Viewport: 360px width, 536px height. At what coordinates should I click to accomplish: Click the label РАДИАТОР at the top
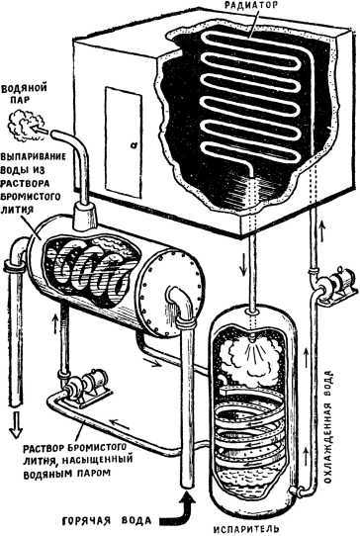coord(249,5)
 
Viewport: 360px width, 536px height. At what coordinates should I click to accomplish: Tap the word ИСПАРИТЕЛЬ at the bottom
coord(245,529)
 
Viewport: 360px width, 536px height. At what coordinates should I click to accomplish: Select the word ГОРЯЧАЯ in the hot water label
coord(86,521)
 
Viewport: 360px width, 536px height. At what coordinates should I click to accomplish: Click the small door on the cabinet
coord(124,141)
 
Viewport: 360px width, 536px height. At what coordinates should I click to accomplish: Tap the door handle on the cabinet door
coord(133,145)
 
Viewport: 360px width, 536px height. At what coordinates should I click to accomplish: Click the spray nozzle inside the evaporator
coord(252,339)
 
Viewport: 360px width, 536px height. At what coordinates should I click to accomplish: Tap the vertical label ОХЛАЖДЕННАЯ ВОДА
coord(328,426)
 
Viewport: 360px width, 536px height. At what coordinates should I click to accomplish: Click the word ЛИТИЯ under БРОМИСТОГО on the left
coord(17,210)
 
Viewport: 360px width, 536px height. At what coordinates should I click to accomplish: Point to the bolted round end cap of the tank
coord(171,293)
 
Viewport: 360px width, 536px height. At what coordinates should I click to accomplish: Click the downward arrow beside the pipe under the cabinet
coord(243,267)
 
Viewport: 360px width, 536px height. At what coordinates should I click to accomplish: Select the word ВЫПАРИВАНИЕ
coord(33,156)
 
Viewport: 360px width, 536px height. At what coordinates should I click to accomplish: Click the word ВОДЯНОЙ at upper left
coord(24,88)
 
